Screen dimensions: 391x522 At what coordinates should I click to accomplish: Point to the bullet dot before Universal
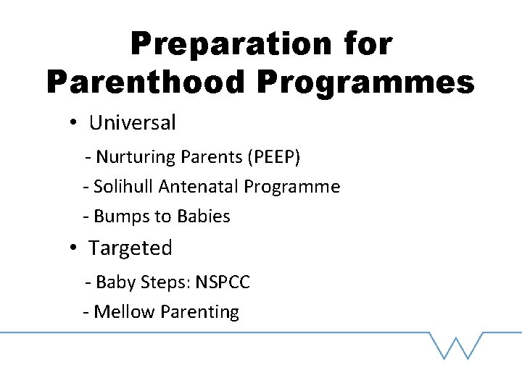[x=74, y=123]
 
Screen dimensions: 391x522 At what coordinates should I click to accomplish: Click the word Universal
[x=132, y=123]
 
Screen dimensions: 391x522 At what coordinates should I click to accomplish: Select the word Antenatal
[x=199, y=187]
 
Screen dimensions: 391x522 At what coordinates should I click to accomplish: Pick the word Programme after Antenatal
[x=291, y=188]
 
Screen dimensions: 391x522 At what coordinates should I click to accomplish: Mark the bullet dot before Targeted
[x=74, y=248]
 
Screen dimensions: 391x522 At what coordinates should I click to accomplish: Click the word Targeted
[x=130, y=248]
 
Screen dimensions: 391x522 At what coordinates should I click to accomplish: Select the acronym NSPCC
[x=222, y=282]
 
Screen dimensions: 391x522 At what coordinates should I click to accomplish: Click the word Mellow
[x=125, y=312]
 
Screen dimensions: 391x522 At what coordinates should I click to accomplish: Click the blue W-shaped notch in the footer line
[x=455, y=345]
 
